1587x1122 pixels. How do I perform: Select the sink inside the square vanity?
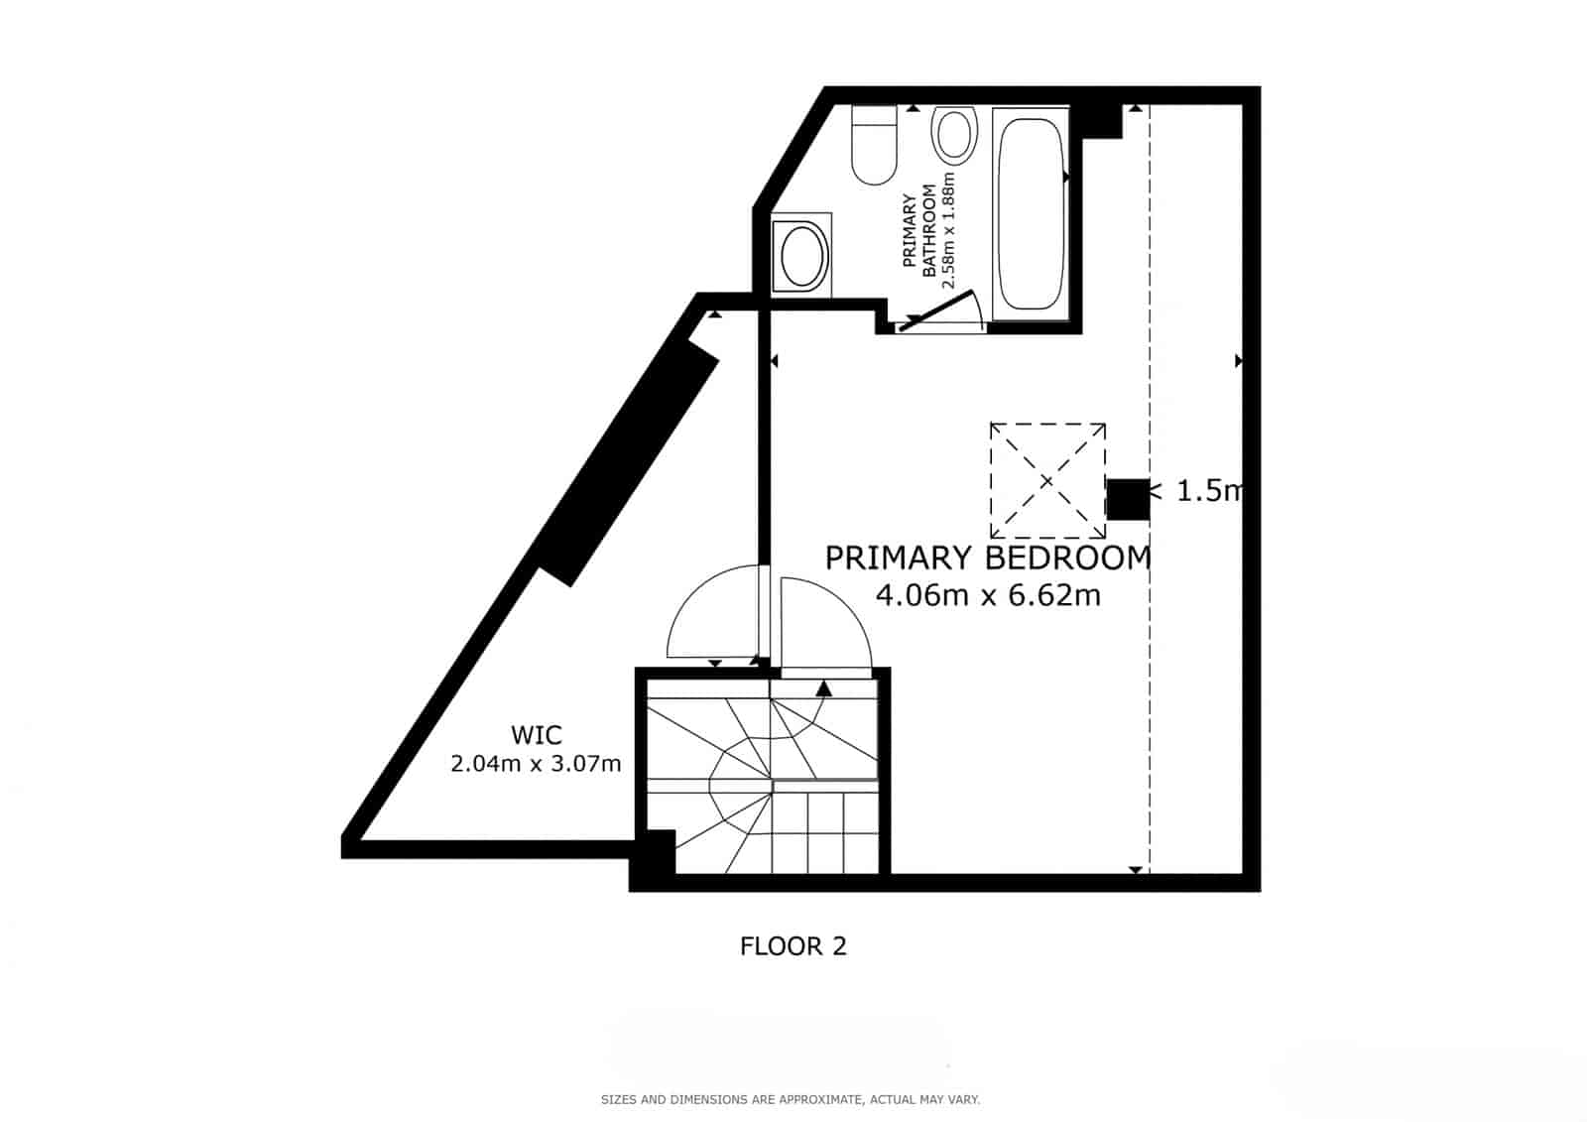tap(802, 256)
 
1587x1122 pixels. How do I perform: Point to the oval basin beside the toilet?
tap(954, 135)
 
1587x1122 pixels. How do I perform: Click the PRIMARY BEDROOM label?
tap(988, 559)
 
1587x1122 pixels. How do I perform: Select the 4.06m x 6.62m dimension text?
tap(988, 595)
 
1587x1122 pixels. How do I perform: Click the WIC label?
tap(536, 735)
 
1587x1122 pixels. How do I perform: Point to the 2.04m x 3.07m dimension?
tap(536, 764)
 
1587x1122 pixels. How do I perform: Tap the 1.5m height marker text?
tap(1208, 491)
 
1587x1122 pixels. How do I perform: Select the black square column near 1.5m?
tap(1128, 499)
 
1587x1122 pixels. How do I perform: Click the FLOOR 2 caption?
tap(793, 946)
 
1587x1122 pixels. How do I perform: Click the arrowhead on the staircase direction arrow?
tap(823, 687)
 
